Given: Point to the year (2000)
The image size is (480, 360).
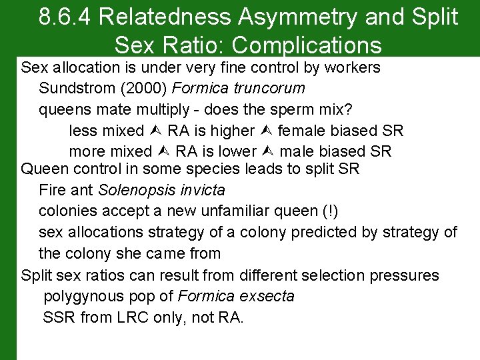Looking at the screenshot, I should point(145,88).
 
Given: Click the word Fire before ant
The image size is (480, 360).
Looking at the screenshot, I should point(53,189).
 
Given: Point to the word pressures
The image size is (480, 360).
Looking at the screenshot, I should point(405,275).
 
